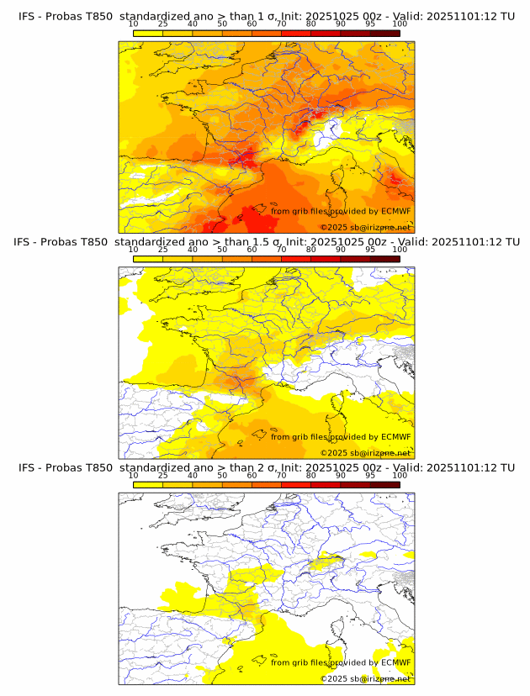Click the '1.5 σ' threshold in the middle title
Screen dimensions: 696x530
click(274, 241)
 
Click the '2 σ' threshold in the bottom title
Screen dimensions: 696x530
click(270, 467)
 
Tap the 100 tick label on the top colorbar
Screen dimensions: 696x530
click(400, 24)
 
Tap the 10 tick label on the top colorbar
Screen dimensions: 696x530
click(134, 24)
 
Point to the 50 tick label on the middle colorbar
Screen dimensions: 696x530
click(222, 250)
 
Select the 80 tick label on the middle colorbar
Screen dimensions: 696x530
click(311, 250)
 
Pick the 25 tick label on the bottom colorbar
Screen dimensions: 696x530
click(163, 476)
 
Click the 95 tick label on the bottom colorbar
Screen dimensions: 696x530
click(370, 476)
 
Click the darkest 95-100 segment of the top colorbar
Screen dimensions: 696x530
click(384, 33)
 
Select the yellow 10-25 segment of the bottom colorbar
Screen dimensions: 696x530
click(148, 484)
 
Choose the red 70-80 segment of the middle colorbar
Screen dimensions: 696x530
click(296, 258)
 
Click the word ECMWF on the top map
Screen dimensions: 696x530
click(395, 212)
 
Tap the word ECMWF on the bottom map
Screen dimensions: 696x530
click(395, 662)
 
